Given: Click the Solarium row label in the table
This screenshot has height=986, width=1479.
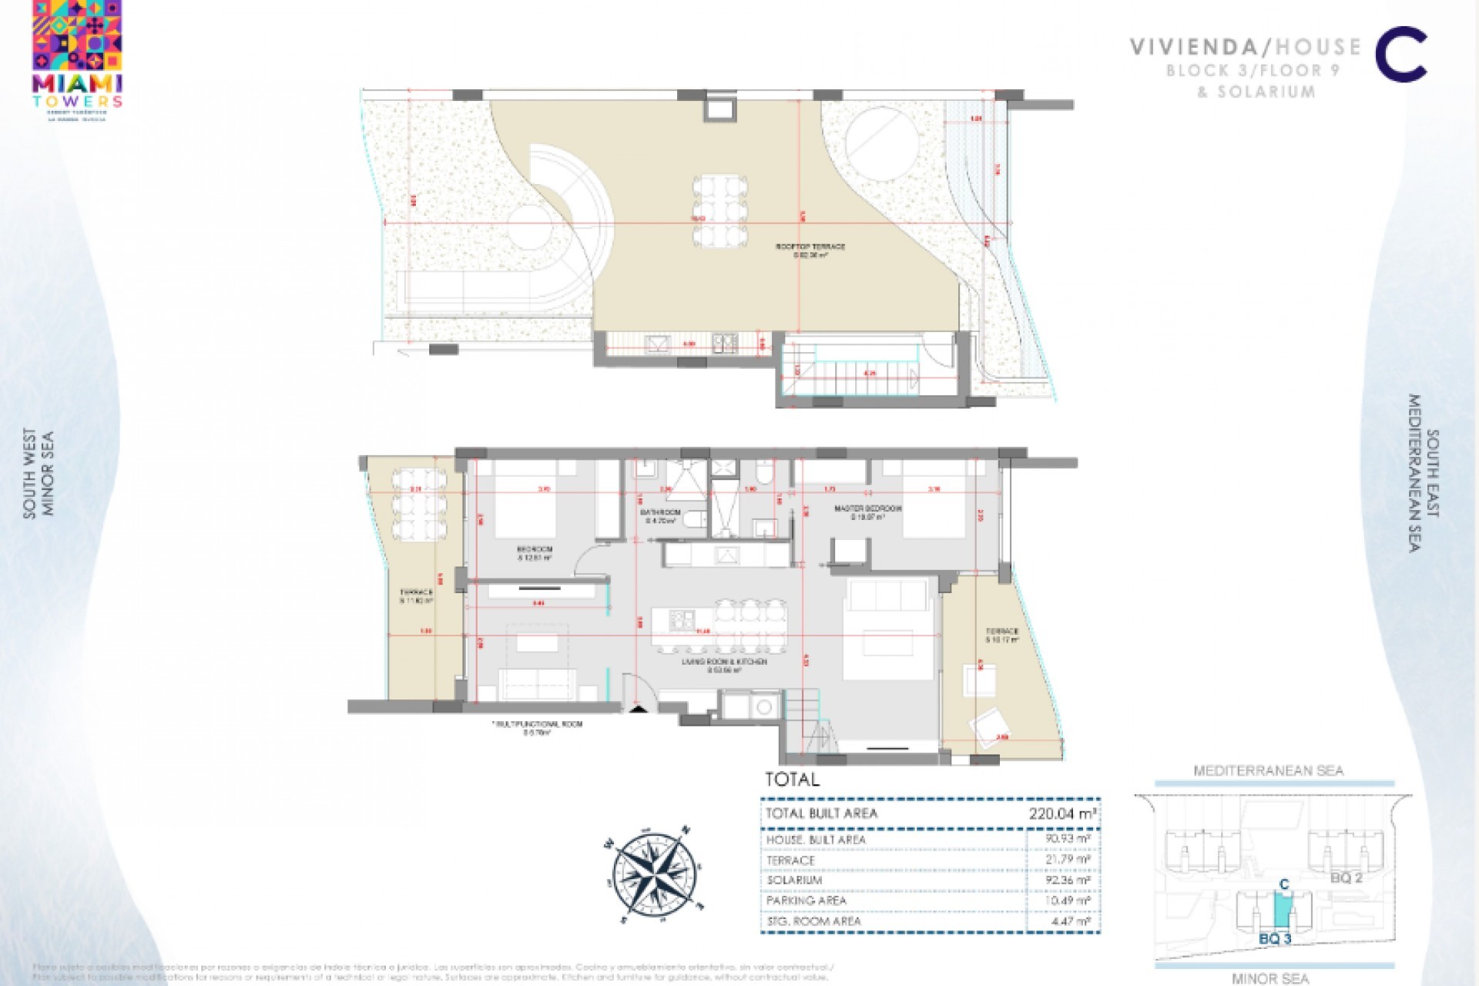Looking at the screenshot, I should tap(794, 880).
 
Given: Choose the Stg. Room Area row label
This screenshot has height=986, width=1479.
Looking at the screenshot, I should tap(813, 921).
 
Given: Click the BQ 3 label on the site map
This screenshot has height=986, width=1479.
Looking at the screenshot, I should tap(1275, 939).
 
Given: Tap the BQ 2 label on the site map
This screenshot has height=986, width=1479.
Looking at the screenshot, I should tap(1347, 878).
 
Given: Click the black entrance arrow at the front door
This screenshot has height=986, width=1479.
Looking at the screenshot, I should tap(639, 709).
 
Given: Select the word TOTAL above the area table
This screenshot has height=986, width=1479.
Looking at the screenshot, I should tap(792, 780).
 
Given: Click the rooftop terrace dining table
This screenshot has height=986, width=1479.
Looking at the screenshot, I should tap(719, 211).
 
